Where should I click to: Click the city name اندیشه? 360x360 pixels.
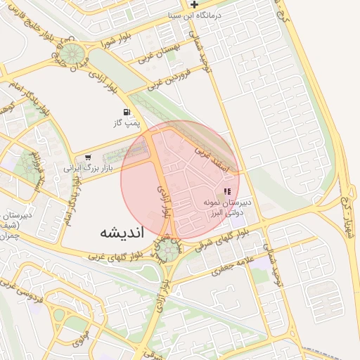(121, 231)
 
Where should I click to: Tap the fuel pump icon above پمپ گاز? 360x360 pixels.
(126, 112)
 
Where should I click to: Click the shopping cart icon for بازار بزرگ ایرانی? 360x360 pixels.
(88, 157)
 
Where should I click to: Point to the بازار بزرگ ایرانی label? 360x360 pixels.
(86, 169)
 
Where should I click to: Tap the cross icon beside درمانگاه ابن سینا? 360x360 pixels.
(204, 4)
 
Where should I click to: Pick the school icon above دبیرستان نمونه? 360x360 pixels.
(226, 191)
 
